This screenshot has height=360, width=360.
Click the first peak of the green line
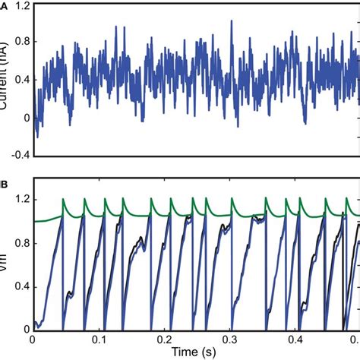point(64,200)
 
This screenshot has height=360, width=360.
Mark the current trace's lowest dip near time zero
point(38,137)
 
